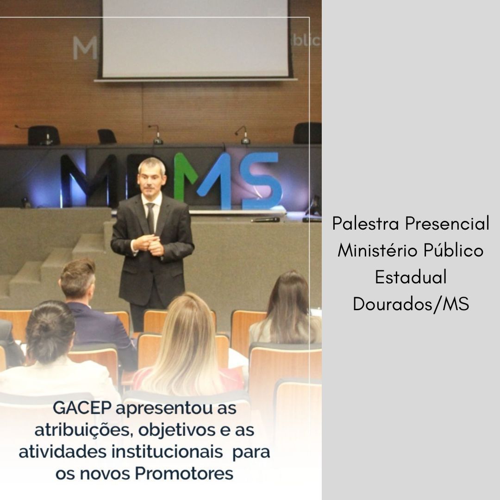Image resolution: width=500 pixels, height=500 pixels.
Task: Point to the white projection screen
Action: pyautogui.click(x=195, y=39)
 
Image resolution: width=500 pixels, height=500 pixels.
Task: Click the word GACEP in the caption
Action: pyautogui.click(x=82, y=408)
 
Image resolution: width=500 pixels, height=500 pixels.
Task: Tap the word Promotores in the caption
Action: pyautogui.click(x=184, y=474)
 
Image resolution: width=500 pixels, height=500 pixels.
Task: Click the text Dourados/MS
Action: pyautogui.click(x=411, y=304)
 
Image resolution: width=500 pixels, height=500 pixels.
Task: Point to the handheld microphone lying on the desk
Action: pyautogui.click(x=265, y=220)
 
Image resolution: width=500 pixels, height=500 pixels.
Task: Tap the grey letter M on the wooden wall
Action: pyautogui.click(x=85, y=48)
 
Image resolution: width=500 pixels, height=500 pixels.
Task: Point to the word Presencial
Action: pyautogui.click(x=447, y=223)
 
